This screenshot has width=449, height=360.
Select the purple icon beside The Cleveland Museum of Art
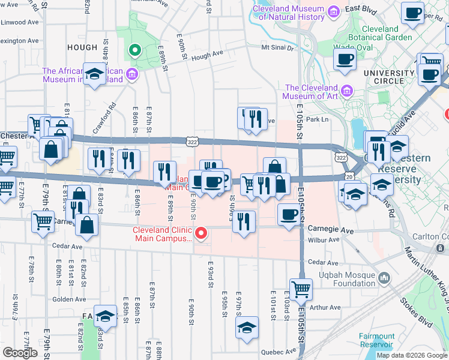(x=346, y=91)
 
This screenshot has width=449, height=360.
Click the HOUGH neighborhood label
(x=82, y=47)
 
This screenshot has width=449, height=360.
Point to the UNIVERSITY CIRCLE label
(x=389, y=73)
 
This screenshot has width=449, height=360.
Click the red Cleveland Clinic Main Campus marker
(x=202, y=233)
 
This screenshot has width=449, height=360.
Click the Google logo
(x=20, y=353)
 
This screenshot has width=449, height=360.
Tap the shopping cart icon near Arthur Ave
(x=301, y=289)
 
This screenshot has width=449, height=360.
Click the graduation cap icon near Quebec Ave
(x=246, y=328)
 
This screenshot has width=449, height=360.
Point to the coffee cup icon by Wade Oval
(x=345, y=59)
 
